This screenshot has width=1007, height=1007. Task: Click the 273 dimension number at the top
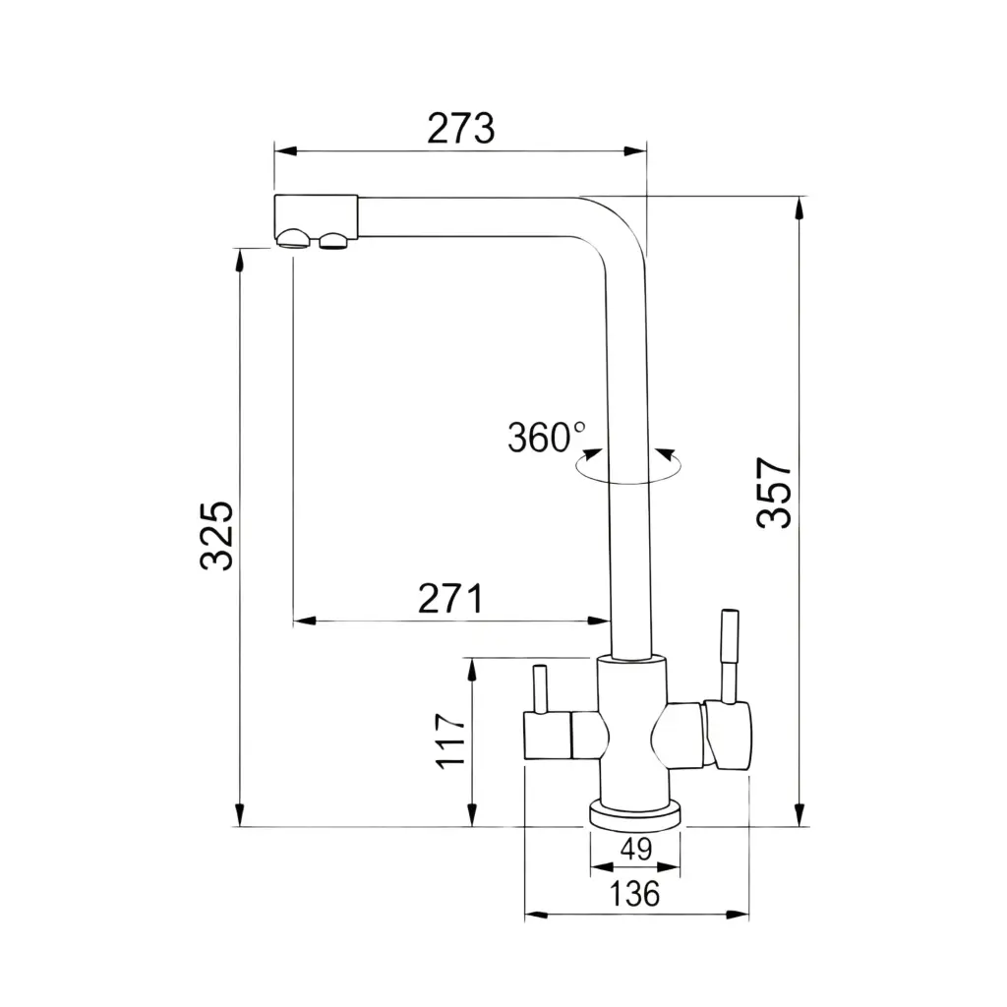click(x=460, y=129)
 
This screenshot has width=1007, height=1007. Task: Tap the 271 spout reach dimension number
click(x=450, y=599)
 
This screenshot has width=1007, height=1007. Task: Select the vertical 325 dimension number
click(x=216, y=536)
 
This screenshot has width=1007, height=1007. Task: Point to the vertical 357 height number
click(x=774, y=493)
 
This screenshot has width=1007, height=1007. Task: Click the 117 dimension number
click(x=450, y=740)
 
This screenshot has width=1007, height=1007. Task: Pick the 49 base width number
click(x=636, y=849)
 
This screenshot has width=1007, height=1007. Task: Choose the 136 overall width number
click(x=634, y=893)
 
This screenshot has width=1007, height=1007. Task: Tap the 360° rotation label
click(x=547, y=438)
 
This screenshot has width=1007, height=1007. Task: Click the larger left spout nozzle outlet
click(x=293, y=238)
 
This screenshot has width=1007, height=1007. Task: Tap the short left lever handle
click(x=540, y=689)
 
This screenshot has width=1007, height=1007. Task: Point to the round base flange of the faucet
click(x=635, y=813)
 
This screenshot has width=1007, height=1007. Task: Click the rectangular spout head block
click(x=316, y=216)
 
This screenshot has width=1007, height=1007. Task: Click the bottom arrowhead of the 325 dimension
click(x=240, y=814)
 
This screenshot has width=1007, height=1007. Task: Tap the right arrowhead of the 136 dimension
click(x=738, y=915)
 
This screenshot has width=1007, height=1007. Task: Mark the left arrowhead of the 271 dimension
click(x=305, y=622)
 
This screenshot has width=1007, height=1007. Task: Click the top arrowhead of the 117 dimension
click(x=472, y=671)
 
